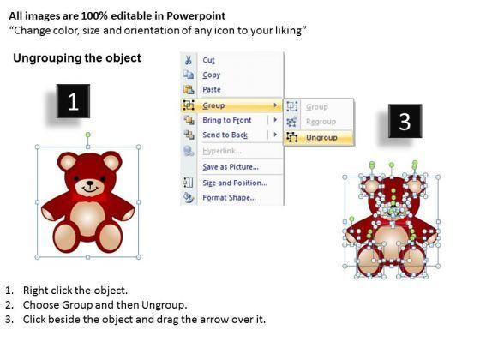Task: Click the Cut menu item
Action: (x=208, y=60)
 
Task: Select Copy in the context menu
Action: (x=211, y=75)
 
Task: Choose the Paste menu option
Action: (x=212, y=90)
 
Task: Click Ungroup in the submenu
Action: (x=321, y=138)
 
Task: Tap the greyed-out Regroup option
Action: (x=321, y=122)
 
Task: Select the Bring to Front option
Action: (x=227, y=120)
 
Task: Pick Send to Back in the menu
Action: (x=225, y=135)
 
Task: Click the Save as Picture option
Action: (x=231, y=167)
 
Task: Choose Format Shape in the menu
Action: (x=230, y=198)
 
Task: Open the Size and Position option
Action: (x=235, y=183)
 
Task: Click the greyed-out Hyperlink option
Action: (x=222, y=151)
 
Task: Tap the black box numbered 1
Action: (x=73, y=101)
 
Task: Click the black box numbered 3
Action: (x=405, y=121)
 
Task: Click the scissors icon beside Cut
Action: (x=189, y=60)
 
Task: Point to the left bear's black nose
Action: (x=90, y=183)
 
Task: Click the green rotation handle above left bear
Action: (x=87, y=135)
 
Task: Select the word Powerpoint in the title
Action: (x=196, y=16)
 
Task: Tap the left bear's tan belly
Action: (x=87, y=219)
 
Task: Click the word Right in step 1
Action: (x=33, y=291)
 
